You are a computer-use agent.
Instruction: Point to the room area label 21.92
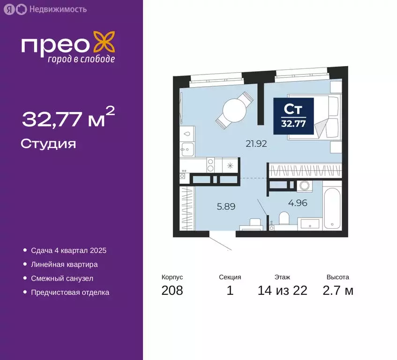pyautogui.click(x=256, y=144)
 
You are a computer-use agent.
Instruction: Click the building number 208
pyautogui.click(x=172, y=291)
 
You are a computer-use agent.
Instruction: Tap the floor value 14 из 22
pyautogui.click(x=282, y=291)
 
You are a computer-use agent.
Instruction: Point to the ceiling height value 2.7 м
pyautogui.click(x=337, y=291)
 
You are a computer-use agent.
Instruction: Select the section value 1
pyautogui.click(x=230, y=291)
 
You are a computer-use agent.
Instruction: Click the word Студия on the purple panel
pyautogui.click(x=48, y=143)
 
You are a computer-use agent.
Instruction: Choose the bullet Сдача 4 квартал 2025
pyautogui.click(x=68, y=250)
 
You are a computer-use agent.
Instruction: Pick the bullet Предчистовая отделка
pyautogui.click(x=70, y=292)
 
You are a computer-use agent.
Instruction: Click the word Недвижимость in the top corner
pyautogui.click(x=57, y=9)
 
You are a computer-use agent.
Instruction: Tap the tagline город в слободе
pyautogui.click(x=80, y=59)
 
